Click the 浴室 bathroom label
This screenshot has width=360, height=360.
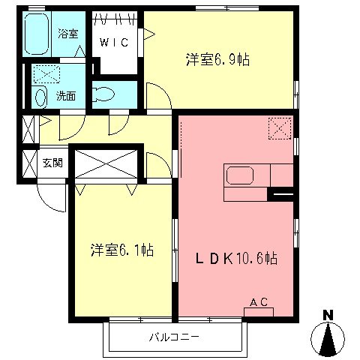pos(67,33)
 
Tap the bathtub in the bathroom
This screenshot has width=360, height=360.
pos(40,34)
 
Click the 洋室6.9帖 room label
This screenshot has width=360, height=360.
pos(217,60)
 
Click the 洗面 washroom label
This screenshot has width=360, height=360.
pos(66,96)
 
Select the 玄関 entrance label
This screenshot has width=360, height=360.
pos(52,162)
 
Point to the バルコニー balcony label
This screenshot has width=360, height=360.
pos(173,337)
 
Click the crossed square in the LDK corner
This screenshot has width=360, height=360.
pos(279,128)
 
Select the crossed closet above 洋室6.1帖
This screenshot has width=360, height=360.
pos(104,163)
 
